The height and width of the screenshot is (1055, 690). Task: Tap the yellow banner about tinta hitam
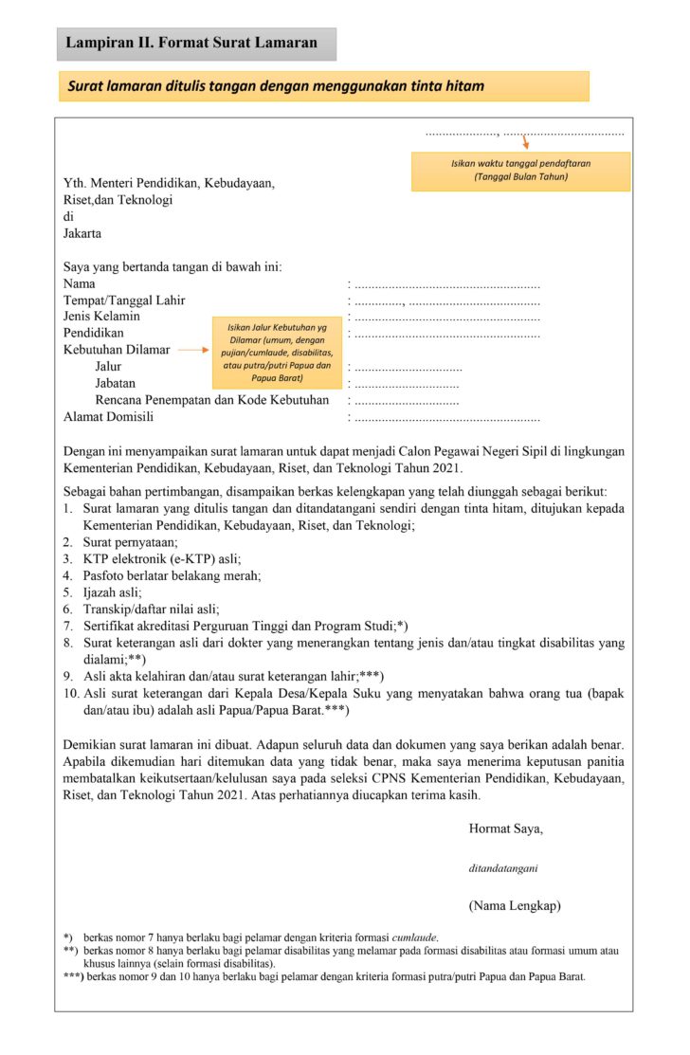point(322,86)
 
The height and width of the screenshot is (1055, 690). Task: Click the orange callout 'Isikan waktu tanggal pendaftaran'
point(520,171)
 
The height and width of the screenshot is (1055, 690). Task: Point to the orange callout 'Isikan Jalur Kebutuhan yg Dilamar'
point(276,352)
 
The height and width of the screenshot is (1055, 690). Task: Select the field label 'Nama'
point(79,282)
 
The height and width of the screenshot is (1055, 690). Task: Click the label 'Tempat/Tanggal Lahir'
point(124,300)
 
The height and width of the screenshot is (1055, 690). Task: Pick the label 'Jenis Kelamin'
point(101,317)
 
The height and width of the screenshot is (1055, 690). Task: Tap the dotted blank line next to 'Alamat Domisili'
point(446,417)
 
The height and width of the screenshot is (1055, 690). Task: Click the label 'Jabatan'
point(115,384)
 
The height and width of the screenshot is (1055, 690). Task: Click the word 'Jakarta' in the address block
point(82,233)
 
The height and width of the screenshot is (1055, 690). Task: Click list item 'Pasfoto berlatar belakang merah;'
point(172,575)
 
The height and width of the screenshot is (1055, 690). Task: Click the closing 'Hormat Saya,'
point(505,828)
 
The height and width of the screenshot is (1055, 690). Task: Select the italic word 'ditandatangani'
point(503,867)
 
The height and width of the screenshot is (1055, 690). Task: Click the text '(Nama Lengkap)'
point(514,906)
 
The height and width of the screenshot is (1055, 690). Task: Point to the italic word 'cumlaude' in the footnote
point(416,937)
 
